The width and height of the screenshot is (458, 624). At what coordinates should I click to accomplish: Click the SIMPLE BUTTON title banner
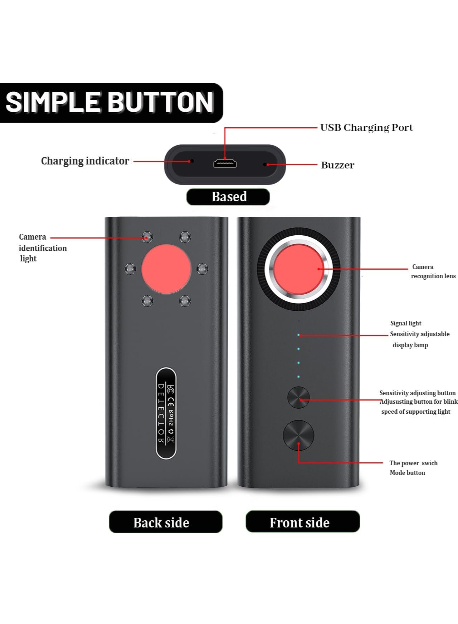[111, 103]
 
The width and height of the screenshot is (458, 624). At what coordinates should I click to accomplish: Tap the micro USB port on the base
[225, 164]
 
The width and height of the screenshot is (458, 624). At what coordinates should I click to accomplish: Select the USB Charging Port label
[366, 128]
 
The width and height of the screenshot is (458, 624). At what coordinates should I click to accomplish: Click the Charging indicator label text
[85, 161]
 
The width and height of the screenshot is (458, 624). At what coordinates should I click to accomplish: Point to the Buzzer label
[337, 165]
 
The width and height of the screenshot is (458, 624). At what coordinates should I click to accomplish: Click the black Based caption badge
[228, 197]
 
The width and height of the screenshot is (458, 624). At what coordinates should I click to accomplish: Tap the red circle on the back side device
[166, 269]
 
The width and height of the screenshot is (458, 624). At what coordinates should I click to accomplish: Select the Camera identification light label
[43, 247]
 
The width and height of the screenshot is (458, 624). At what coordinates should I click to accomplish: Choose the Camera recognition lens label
[433, 271]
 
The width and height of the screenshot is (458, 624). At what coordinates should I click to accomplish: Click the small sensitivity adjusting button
[298, 397]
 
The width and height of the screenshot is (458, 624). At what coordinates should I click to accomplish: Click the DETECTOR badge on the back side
[166, 413]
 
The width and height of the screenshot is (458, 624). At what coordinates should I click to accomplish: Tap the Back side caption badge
[166, 522]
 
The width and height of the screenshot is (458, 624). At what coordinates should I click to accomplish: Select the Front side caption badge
[303, 522]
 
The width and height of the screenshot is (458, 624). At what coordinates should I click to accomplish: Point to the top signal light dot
[298, 335]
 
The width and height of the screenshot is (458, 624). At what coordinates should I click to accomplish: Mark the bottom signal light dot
[298, 377]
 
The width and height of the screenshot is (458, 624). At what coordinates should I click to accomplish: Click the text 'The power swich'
[413, 463]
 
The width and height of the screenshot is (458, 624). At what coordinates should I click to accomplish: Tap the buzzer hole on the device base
[265, 164]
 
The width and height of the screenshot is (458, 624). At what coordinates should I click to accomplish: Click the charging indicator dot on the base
[192, 161]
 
